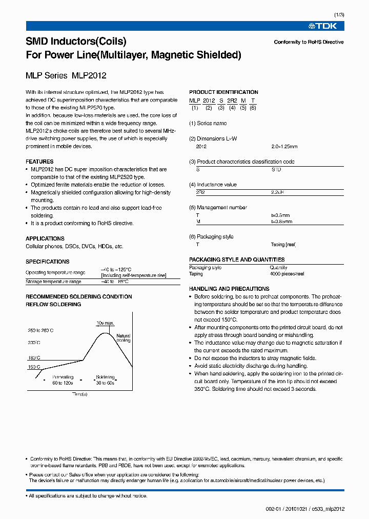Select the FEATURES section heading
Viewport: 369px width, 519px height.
(39, 162)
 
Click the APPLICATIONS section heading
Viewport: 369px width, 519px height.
(45, 238)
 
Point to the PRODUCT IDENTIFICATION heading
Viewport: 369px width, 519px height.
(223, 92)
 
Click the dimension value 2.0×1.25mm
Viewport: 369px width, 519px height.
(284, 146)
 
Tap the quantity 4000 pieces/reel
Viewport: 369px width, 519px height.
(287, 274)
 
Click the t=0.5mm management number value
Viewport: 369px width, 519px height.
(280, 215)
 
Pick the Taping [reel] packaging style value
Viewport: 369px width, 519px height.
(283, 245)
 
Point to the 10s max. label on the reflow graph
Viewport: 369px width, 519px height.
(105, 323)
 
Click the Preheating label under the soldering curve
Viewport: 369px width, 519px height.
(63, 376)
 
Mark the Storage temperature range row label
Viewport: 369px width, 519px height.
(53, 282)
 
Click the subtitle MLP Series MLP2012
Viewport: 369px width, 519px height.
(66, 75)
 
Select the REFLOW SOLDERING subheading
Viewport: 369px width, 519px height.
(53, 304)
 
